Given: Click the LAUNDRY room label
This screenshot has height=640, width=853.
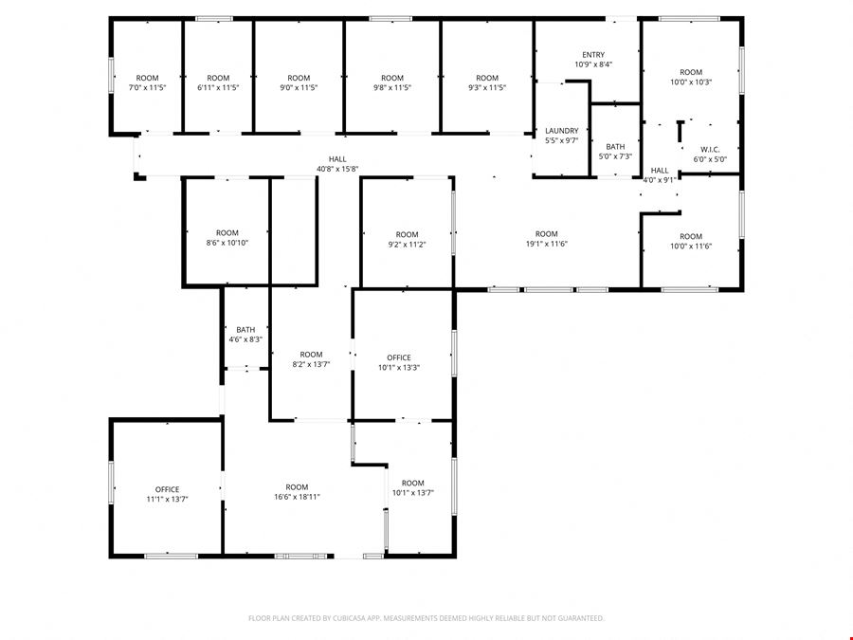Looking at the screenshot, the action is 561,131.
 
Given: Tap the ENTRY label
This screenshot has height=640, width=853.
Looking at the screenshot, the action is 593,55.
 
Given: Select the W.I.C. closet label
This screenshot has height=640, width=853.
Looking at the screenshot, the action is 710,150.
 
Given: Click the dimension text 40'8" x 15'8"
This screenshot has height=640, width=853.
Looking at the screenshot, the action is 337,169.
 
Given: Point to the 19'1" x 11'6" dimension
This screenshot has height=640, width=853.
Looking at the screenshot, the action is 546,244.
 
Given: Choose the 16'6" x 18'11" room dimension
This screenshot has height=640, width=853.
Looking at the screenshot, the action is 297,497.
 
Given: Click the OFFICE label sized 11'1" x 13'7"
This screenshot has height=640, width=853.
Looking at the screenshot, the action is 167,489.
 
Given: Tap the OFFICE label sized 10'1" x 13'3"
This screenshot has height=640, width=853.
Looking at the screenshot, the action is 399,357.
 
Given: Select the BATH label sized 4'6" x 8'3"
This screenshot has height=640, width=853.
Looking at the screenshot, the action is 245,330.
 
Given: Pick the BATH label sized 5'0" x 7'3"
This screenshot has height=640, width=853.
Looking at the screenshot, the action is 615,147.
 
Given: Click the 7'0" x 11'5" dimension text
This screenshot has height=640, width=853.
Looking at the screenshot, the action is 147,87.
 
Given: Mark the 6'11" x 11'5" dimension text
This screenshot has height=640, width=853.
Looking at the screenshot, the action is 218,87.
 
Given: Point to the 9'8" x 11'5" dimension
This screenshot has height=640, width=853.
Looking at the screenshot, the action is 392,87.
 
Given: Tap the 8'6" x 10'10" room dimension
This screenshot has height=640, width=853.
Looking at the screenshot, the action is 227,243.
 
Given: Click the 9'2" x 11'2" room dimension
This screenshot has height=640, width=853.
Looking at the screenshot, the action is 407,245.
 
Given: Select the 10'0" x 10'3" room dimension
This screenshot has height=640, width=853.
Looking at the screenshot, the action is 691,82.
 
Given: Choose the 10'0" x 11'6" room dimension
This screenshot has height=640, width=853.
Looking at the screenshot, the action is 691,246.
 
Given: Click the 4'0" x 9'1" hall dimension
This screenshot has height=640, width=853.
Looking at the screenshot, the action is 660,180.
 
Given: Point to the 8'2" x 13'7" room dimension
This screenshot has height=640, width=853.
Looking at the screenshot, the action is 311,364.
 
